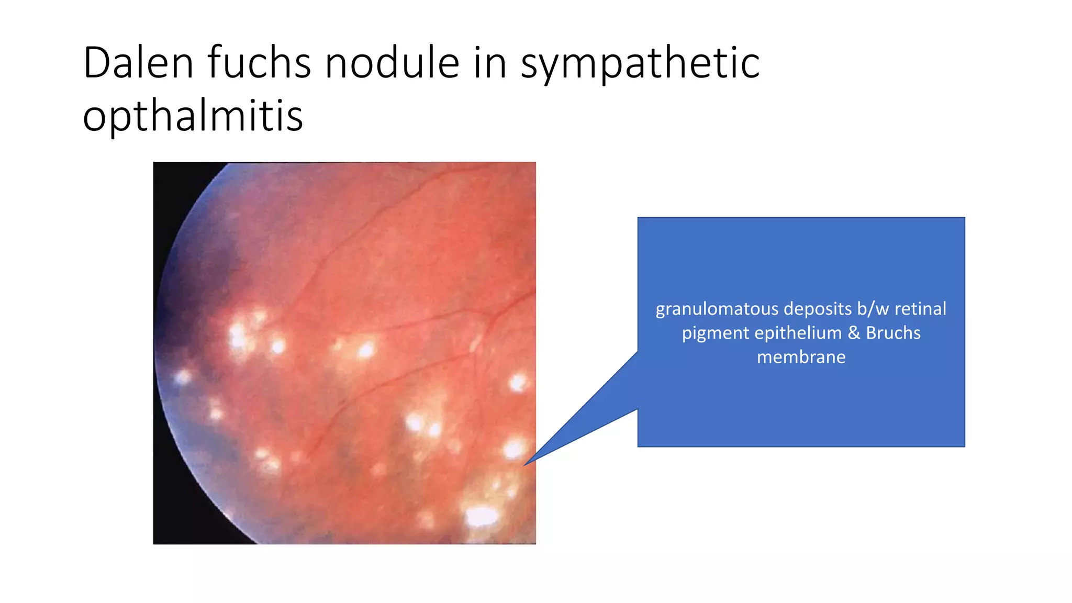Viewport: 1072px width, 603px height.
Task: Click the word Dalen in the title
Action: (138, 63)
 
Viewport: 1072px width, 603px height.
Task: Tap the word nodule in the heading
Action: (392, 63)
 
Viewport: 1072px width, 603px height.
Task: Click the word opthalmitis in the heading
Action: (193, 116)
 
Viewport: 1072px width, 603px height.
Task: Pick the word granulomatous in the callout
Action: (718, 309)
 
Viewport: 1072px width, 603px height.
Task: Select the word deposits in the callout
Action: (818, 309)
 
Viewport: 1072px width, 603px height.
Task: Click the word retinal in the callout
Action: (920, 309)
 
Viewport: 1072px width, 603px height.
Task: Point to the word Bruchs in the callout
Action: (893, 333)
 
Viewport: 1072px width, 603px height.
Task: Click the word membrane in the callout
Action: (801, 357)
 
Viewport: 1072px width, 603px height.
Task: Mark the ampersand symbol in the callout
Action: (854, 333)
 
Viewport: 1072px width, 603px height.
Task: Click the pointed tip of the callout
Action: (524, 464)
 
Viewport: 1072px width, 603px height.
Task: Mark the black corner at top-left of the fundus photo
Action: (173, 183)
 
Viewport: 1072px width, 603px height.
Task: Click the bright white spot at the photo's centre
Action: (365, 350)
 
